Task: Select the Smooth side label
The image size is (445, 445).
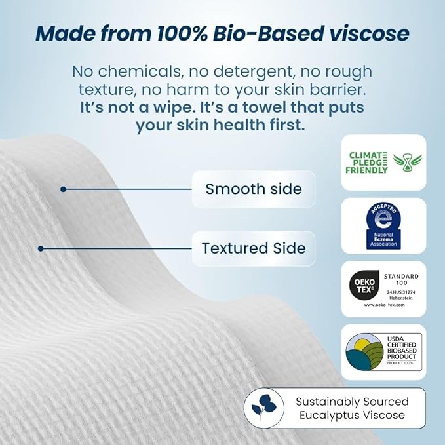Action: (253, 189)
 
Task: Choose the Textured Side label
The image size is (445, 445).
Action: (253, 248)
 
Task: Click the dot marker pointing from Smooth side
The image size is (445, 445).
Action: (63, 189)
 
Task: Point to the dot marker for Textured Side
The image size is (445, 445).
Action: (41, 248)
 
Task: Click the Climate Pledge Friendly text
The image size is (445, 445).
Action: (367, 162)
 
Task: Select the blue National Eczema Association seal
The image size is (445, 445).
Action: (383, 225)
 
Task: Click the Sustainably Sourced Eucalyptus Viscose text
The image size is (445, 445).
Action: (351, 408)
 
